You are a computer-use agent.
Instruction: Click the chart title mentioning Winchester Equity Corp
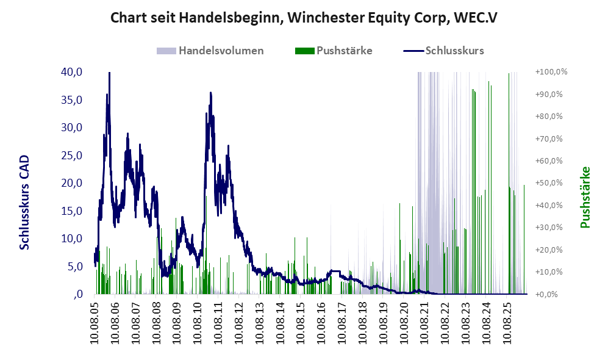304,18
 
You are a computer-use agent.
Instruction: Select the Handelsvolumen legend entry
210,51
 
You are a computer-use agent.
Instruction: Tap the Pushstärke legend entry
334,51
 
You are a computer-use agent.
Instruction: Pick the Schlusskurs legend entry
443,51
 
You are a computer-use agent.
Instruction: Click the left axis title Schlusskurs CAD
24,202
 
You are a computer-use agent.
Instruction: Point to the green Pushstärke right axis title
585,198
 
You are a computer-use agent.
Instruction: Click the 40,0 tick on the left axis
72,72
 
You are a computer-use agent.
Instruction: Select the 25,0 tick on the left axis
72,155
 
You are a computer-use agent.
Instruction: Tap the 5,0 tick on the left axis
74,267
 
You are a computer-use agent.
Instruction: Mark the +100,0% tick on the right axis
551,72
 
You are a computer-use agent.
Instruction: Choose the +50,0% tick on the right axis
549,182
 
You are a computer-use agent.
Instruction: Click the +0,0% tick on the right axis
546,294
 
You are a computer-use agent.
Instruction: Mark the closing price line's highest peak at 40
109,73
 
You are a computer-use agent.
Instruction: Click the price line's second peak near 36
210,93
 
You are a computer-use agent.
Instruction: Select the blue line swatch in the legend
413,51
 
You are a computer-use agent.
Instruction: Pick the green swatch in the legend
304,51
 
